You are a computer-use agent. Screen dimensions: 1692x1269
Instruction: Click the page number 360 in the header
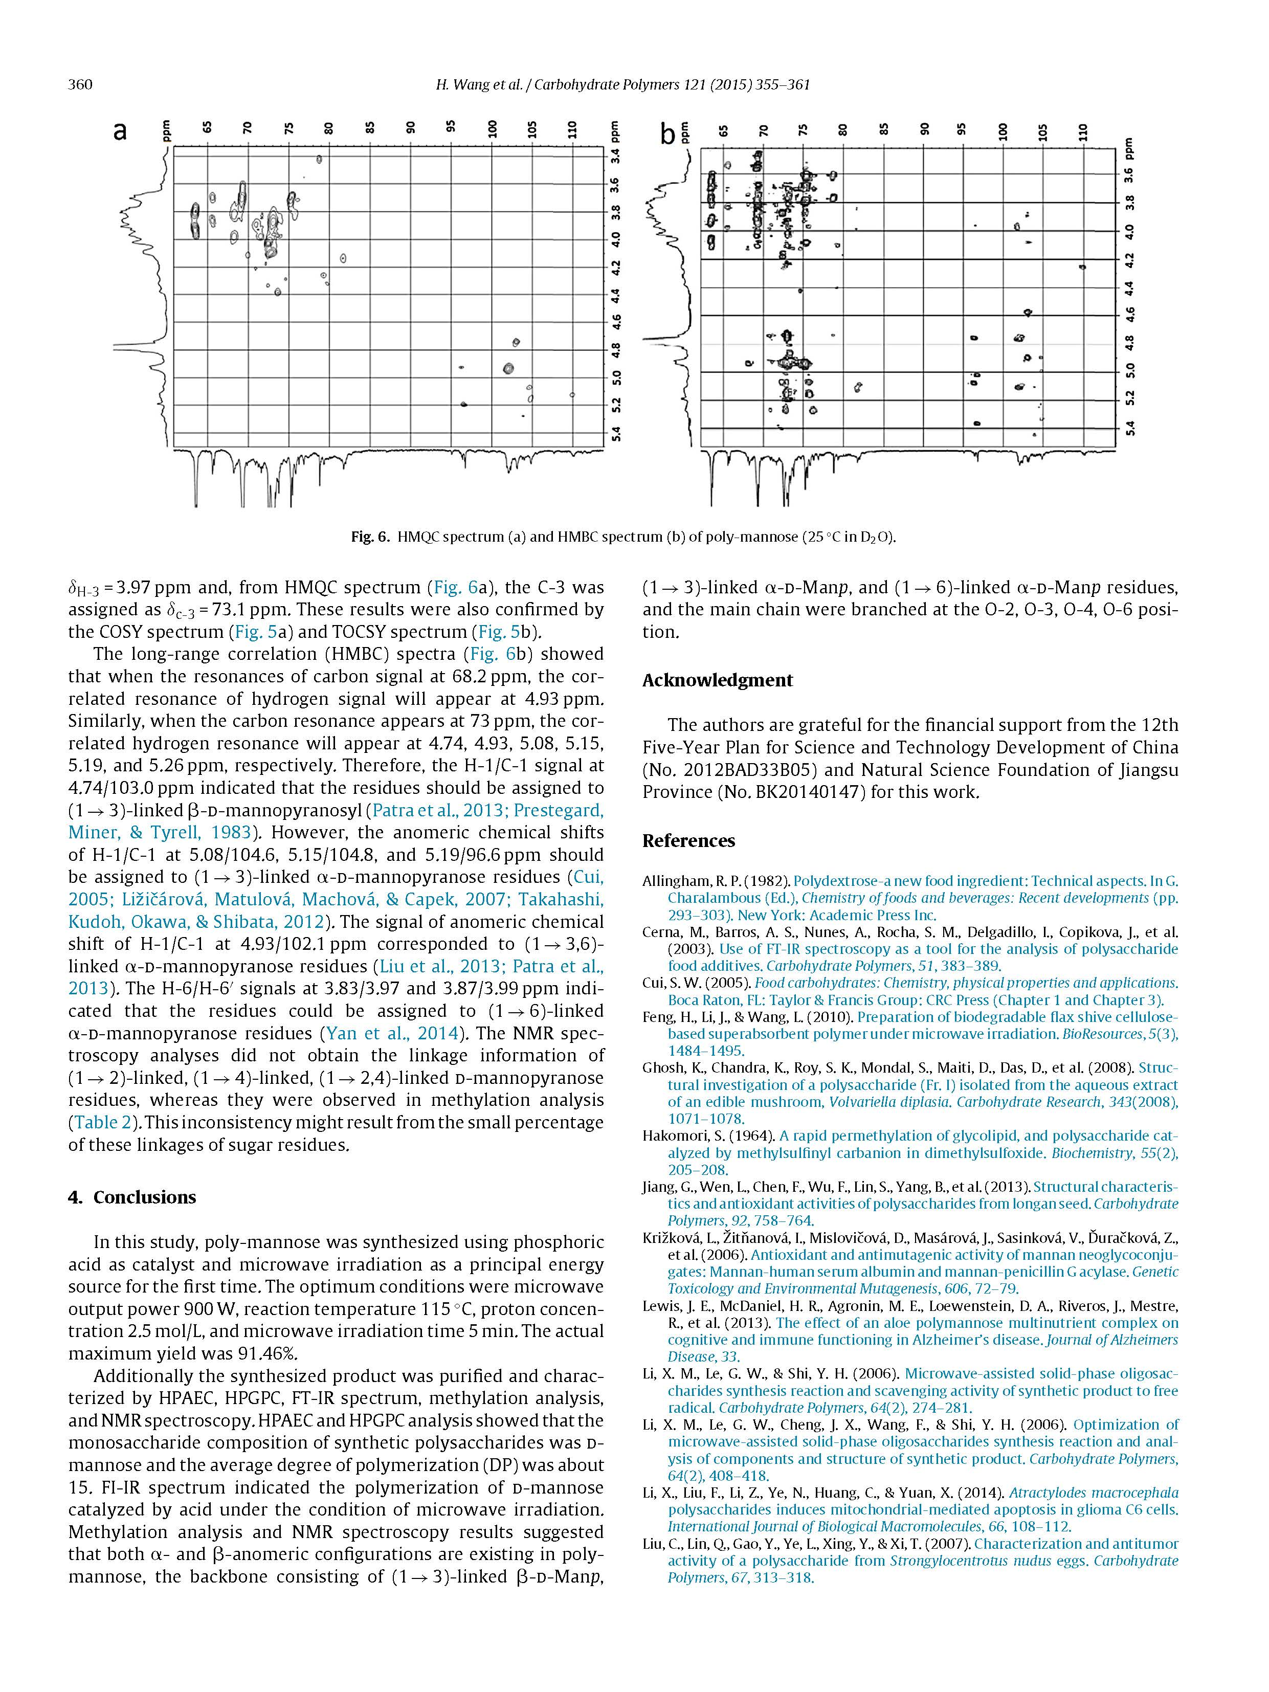coord(80,84)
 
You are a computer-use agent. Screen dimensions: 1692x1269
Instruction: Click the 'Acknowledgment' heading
coord(718,680)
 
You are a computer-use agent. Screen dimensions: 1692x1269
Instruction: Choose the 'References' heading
coord(688,841)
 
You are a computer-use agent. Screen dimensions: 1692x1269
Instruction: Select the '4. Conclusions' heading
coord(131,1197)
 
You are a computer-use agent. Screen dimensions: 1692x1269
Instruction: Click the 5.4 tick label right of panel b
coord(1131,428)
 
